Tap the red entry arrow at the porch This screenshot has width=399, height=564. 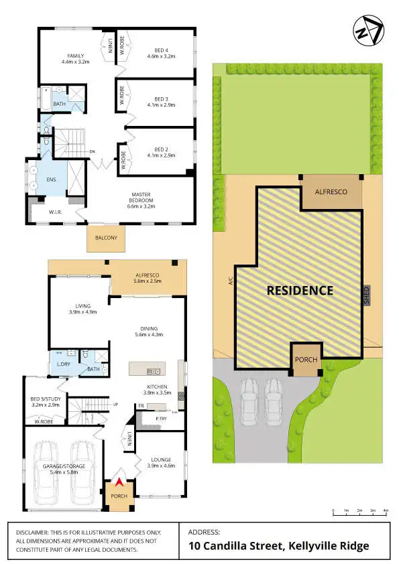[119, 481]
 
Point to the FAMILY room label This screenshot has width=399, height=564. [74, 59]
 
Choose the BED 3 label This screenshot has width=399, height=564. [160, 101]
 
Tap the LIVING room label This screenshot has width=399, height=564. [82, 307]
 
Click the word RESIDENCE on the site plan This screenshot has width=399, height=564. [300, 291]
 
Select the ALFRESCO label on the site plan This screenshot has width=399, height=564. [331, 192]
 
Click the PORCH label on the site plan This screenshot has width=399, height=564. [305, 360]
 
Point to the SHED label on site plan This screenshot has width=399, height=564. [367, 296]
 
